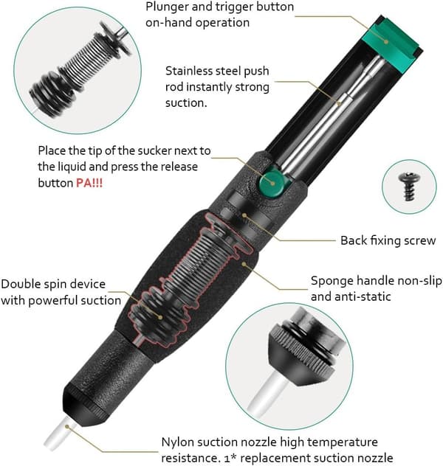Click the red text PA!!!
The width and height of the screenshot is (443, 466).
89,182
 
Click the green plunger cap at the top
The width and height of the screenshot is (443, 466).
391,44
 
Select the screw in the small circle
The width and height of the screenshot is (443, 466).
409,187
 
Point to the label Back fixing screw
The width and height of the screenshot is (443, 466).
388,240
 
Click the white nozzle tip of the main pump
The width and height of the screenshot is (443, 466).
60,434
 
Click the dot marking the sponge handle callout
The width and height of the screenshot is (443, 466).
244,263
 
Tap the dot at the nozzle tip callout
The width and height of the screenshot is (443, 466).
67,427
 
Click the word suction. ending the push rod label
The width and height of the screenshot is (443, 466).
186,103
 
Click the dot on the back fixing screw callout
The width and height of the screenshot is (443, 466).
244,215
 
